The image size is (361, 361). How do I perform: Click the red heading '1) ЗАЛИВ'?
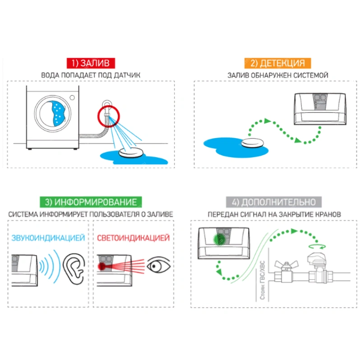pos(91,63)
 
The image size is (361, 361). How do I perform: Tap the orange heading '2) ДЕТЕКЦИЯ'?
pos(278,63)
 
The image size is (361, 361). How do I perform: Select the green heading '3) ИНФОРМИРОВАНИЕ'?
pos(91,202)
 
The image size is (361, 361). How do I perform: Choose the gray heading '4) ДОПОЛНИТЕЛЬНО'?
pos(274,202)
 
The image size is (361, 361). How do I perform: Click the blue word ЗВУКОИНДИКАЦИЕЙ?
pos(48,238)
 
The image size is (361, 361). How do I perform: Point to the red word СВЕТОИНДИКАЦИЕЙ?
pos(133,238)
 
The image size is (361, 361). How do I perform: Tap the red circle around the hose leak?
pos(109,116)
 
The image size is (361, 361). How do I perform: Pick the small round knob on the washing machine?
pos(72,97)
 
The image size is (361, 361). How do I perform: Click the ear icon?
pos(74,269)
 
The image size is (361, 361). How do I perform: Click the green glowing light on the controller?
pos(219,240)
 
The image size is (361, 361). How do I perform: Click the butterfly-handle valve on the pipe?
pos(287,272)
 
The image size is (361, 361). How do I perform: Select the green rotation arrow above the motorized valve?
pos(317,246)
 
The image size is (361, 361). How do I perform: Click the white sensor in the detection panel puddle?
pos(253,143)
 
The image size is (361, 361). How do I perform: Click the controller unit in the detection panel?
pos(320,109)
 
